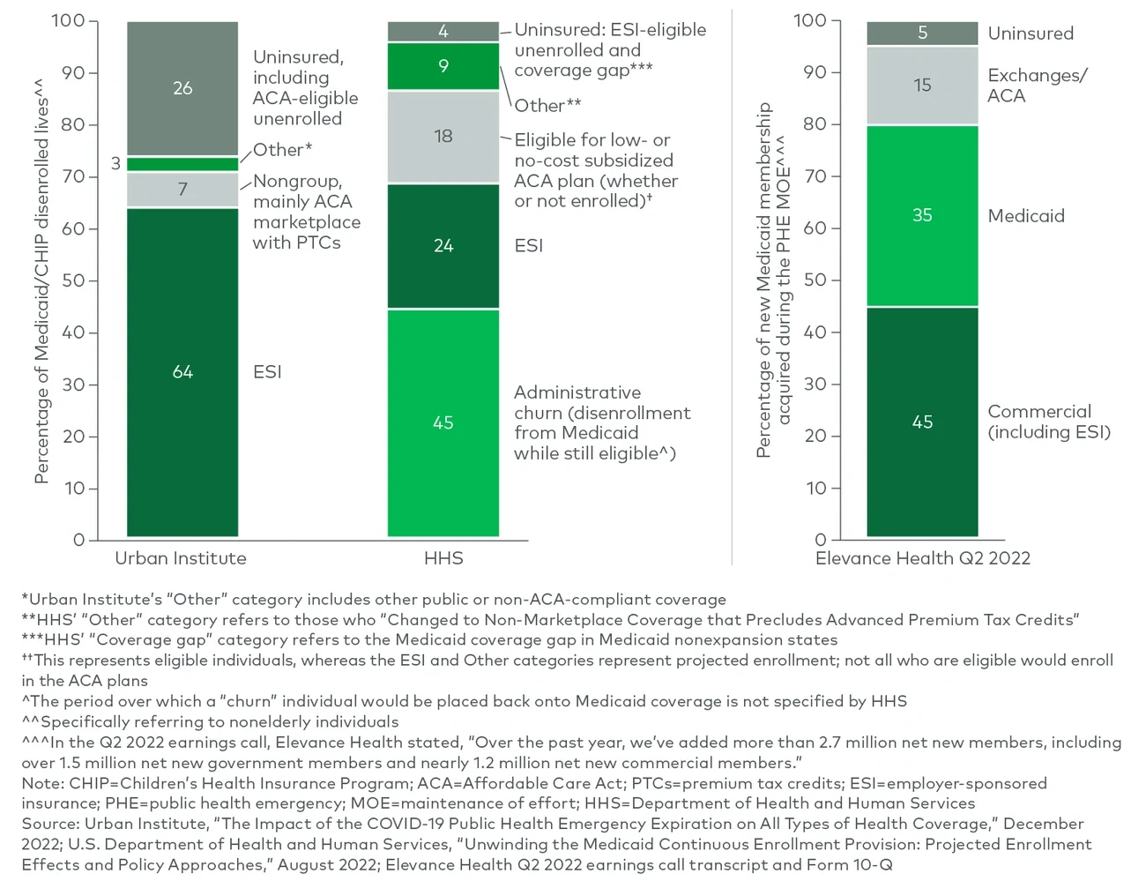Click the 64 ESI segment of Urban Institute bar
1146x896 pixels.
coord(182,371)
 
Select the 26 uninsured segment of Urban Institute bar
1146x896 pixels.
coord(182,88)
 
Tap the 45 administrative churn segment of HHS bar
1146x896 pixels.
coord(443,422)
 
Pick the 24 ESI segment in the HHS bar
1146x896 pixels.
coord(443,246)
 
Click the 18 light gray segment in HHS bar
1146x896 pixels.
coord(443,137)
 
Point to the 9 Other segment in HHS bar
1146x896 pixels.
coord(443,66)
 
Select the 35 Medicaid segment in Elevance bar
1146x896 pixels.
coord(922,215)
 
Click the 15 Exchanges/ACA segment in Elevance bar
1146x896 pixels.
coord(922,86)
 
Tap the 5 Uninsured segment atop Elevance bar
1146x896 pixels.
coord(922,33)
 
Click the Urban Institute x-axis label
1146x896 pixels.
coord(181,558)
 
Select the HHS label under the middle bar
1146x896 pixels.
coord(443,558)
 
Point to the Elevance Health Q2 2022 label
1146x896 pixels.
coord(922,558)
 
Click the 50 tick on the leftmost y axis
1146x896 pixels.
coord(73,280)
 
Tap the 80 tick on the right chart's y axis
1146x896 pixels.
coord(815,124)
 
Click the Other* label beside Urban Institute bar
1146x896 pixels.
coord(282,150)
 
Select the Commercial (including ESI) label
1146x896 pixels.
coord(1048,422)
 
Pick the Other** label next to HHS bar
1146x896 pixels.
coord(547,106)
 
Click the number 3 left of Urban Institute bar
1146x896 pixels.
coord(115,163)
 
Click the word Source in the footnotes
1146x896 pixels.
coord(49,824)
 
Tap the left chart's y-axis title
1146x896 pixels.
coord(41,280)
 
